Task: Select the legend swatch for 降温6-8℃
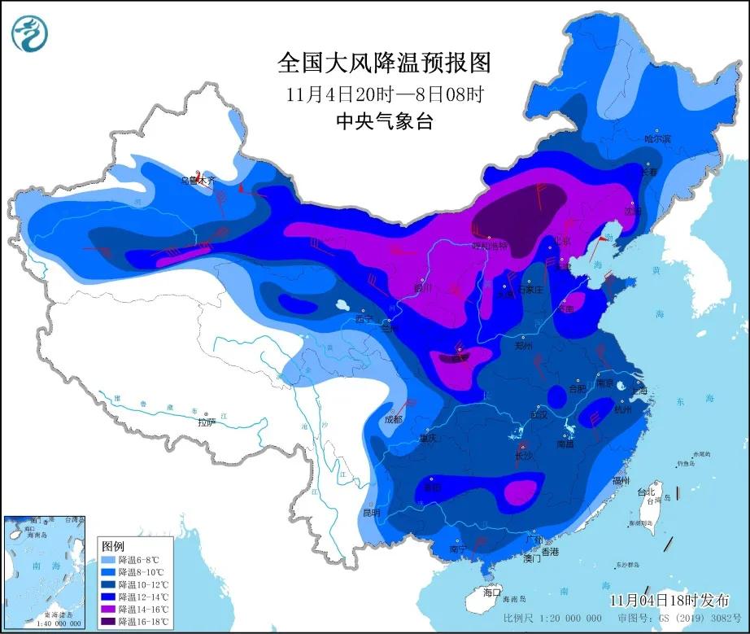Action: (107, 560)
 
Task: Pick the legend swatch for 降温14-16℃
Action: (107, 609)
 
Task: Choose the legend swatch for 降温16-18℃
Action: (107, 621)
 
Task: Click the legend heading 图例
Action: (113, 547)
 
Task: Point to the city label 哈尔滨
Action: (657, 139)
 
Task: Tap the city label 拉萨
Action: (206, 422)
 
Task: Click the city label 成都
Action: (393, 420)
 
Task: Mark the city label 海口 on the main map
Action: (492, 591)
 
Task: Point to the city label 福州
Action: (621, 481)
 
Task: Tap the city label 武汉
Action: (539, 414)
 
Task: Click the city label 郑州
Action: (524, 346)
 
